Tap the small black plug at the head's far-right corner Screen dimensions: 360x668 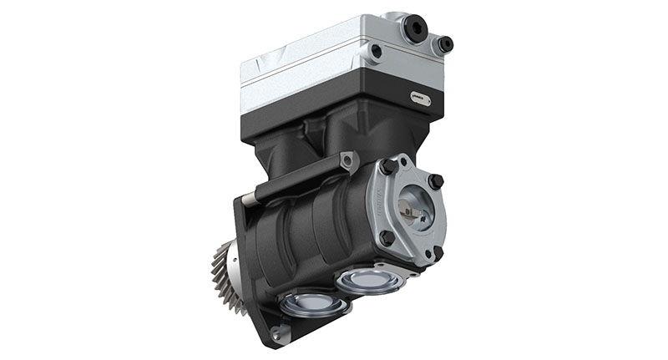point(446,43)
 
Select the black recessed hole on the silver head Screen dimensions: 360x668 point(377,51)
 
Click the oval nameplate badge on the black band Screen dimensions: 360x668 point(421,99)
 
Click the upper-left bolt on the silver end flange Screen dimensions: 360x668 point(387,167)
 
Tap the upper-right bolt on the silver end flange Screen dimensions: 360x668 point(435,180)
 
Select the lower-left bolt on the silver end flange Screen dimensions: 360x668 point(386,237)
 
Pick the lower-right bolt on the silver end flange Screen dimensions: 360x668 point(436,252)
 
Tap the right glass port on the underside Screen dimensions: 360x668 point(368,278)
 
